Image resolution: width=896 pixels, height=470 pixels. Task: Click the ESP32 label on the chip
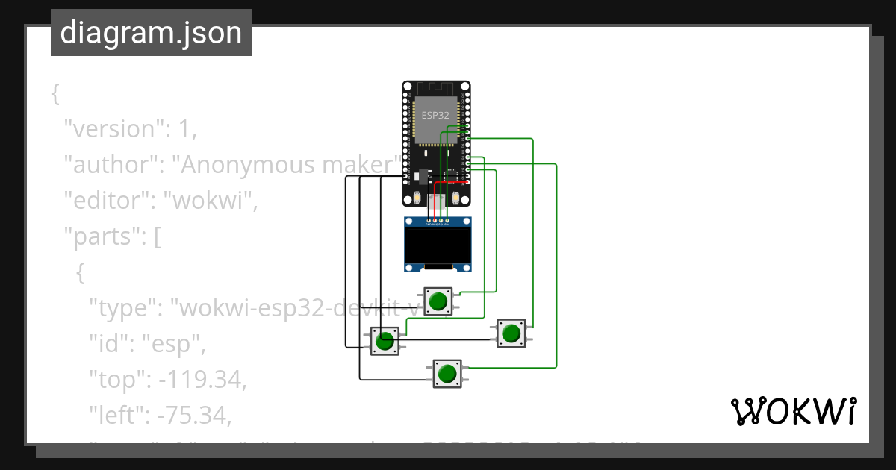point(436,115)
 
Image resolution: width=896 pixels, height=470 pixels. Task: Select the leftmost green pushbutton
point(385,342)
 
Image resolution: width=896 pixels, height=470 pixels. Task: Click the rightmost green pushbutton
point(511,333)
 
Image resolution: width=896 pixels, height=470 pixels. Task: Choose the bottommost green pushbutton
point(447,374)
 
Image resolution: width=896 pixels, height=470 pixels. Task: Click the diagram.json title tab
point(151,33)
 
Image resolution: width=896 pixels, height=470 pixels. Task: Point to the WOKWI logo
point(792,411)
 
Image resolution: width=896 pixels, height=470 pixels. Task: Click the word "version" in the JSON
point(113,129)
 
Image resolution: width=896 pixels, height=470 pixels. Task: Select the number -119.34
point(202,380)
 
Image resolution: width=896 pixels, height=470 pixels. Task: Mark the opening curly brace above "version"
point(55,94)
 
